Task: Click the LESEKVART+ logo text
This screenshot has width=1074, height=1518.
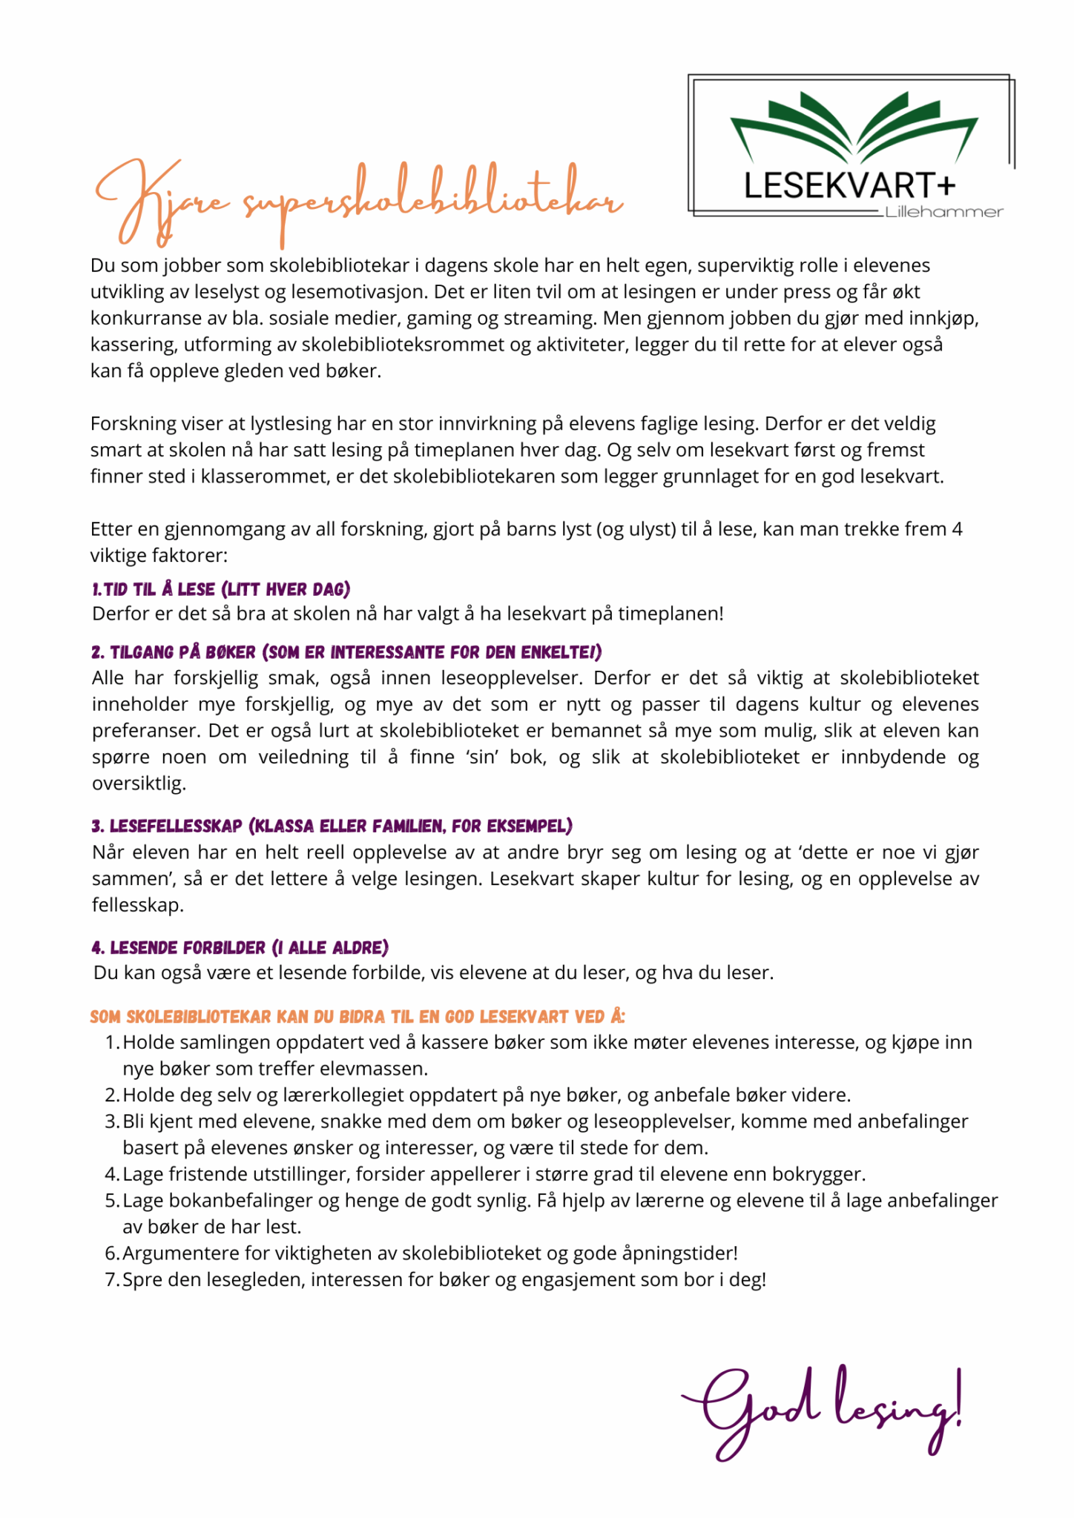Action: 849,185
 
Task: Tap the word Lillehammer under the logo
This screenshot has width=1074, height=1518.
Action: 943,213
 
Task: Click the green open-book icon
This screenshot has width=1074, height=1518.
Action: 854,126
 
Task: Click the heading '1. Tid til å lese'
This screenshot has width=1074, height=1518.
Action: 221,589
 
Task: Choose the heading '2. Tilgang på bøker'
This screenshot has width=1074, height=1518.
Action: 346,652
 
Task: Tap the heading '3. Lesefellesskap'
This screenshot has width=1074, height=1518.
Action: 332,826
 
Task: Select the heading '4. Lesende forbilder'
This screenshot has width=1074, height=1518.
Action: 240,947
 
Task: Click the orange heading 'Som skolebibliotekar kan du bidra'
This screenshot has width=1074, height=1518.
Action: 358,1016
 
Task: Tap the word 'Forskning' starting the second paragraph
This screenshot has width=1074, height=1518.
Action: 132,424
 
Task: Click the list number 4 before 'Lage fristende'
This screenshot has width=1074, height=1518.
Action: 111,1174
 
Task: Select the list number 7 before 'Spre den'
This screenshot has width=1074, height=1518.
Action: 111,1279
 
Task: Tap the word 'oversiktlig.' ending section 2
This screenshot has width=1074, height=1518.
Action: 139,783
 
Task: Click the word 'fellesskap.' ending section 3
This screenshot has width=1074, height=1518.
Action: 138,905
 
